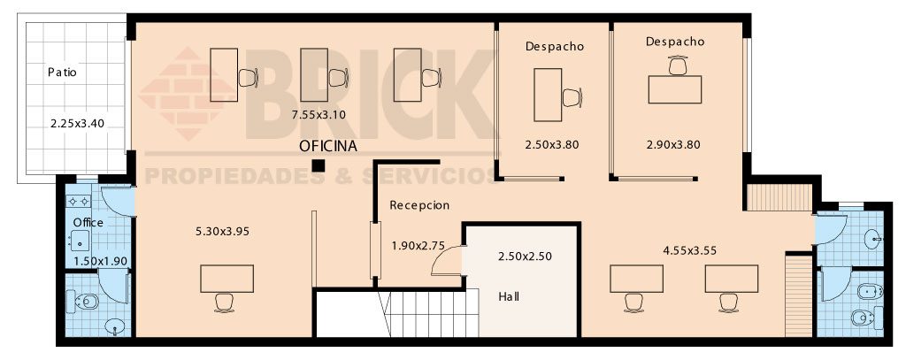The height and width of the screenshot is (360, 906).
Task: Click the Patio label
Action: pyautogui.click(x=63, y=73)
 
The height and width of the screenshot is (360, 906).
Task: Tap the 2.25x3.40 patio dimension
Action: pyautogui.click(x=78, y=123)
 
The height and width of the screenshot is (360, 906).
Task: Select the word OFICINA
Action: pyautogui.click(x=328, y=146)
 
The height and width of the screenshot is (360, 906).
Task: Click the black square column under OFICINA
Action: pyautogui.click(x=318, y=165)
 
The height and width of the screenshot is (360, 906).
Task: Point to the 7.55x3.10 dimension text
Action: pyautogui.click(x=319, y=114)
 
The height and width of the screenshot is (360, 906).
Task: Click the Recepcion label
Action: pyautogui.click(x=419, y=205)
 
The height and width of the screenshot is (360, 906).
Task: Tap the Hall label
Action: pyautogui.click(x=509, y=297)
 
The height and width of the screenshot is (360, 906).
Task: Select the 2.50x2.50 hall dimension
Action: pyautogui.click(x=526, y=256)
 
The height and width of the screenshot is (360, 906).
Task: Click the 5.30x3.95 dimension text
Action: pyautogui.click(x=223, y=231)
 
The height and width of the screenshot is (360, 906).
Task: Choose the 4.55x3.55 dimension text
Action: pyautogui.click(x=690, y=251)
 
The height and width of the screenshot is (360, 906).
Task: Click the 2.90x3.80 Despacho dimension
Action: pyautogui.click(x=673, y=145)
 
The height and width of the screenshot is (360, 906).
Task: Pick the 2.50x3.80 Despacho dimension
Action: pyautogui.click(x=552, y=145)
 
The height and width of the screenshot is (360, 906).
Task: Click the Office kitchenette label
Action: pyautogui.click(x=88, y=223)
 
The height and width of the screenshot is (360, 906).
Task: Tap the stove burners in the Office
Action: pyautogui.click(x=79, y=201)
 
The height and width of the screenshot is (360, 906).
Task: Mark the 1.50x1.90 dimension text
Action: pyautogui.click(x=101, y=261)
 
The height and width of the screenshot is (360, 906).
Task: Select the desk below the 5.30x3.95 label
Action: pyautogui.click(x=227, y=279)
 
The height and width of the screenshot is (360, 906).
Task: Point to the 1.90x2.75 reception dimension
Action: pyautogui.click(x=418, y=246)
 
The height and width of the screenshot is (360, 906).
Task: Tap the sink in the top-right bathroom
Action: pyautogui.click(x=873, y=238)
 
